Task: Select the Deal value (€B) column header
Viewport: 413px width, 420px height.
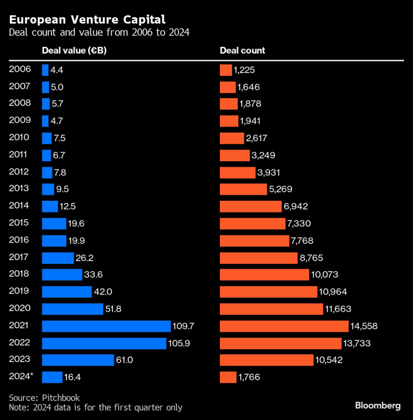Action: [74, 51]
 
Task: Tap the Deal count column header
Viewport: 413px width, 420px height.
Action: [242, 51]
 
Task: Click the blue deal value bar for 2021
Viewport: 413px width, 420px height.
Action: [106, 326]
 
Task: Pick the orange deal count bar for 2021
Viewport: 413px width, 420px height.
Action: [284, 326]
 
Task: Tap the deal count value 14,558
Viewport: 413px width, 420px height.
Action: [367, 326]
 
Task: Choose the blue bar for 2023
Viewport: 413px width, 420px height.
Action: [78, 360]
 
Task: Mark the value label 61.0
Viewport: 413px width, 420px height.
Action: [124, 360]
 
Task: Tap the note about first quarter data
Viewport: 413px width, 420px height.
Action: [95, 408]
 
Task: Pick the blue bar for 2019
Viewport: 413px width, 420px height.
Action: [66, 292]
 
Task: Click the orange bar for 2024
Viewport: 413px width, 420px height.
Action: [228, 378]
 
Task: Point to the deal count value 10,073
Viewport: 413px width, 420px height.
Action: [325, 275]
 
